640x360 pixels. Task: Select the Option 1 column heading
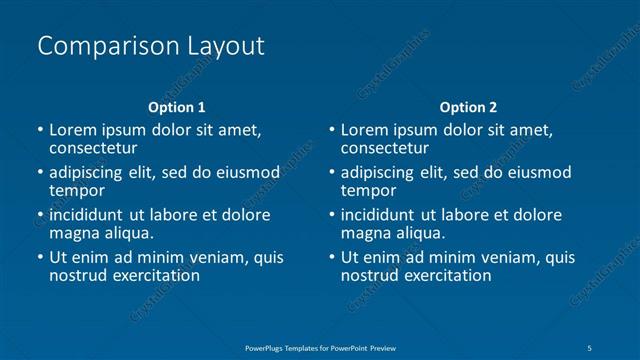coord(177,107)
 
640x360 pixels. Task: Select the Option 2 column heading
coord(468,107)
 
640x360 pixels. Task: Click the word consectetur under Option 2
coord(390,148)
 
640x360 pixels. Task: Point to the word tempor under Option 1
coord(77,190)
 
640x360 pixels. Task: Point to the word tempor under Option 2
coord(369,190)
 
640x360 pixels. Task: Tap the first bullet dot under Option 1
coord(40,130)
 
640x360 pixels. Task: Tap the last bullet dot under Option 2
coord(332,257)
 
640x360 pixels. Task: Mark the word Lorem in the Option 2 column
coord(364,130)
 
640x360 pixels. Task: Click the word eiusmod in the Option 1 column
coord(248,172)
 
